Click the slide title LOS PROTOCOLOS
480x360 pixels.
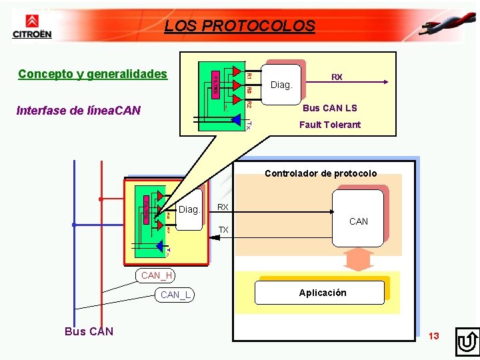pos(239,26)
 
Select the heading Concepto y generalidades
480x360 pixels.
pos(93,73)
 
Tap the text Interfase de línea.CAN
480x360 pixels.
pos(79,110)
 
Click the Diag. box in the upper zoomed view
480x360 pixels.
pos(281,84)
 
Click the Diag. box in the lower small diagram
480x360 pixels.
pos(189,210)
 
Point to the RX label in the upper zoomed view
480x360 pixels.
pos(337,77)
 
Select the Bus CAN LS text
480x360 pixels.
pos(329,108)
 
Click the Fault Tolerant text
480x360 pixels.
pos(329,125)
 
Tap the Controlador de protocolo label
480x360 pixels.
pos(321,173)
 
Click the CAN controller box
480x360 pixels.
pos(358,217)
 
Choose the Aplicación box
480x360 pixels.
pos(322,293)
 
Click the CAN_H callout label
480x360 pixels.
pos(157,275)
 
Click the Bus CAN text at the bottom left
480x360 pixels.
pos(89,331)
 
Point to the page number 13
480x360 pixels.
pos(434,336)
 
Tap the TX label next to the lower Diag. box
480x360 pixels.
pos(224,230)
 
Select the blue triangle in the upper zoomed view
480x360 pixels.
pos(235,119)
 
